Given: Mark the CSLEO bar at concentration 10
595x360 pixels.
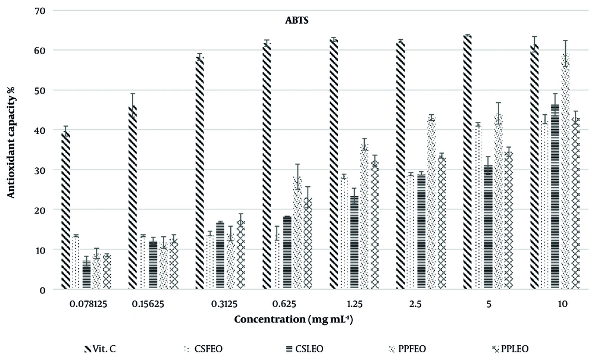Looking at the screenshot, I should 555,197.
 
